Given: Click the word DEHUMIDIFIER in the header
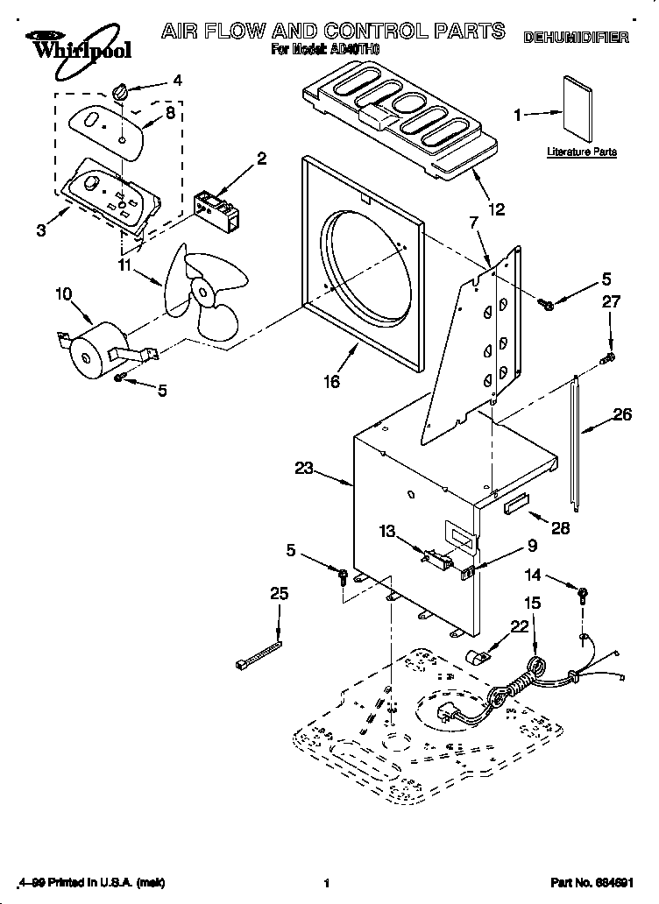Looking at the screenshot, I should pyautogui.click(x=576, y=38).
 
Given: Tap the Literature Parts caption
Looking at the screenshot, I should pyautogui.click(x=581, y=152).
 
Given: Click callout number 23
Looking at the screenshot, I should pyautogui.click(x=304, y=468).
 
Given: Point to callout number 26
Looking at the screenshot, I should pyautogui.click(x=622, y=415).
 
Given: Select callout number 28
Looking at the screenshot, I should pyautogui.click(x=560, y=527).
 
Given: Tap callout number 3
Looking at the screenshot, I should pyautogui.click(x=41, y=230).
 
